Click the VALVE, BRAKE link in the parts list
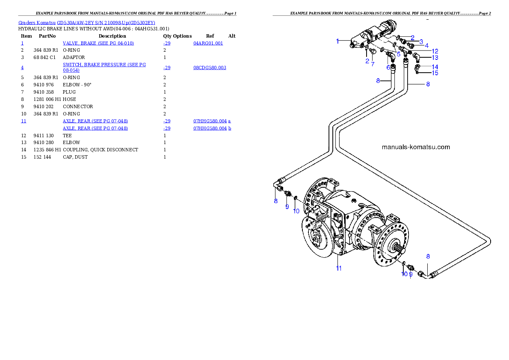tap(98, 43)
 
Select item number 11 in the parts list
tap(24, 121)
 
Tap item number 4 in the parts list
tap(22, 68)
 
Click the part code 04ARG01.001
tap(208, 43)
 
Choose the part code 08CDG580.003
tap(210, 68)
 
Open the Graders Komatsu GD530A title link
tap(86, 23)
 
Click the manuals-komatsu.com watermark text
tap(415, 147)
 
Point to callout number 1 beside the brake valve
tap(337, 41)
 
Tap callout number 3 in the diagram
tap(421, 42)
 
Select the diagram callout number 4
tap(426, 45)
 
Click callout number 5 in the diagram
tap(398, 54)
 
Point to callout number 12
tap(435, 51)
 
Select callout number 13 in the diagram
tap(435, 57)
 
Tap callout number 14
tap(435, 67)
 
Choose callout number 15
tap(435, 73)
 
